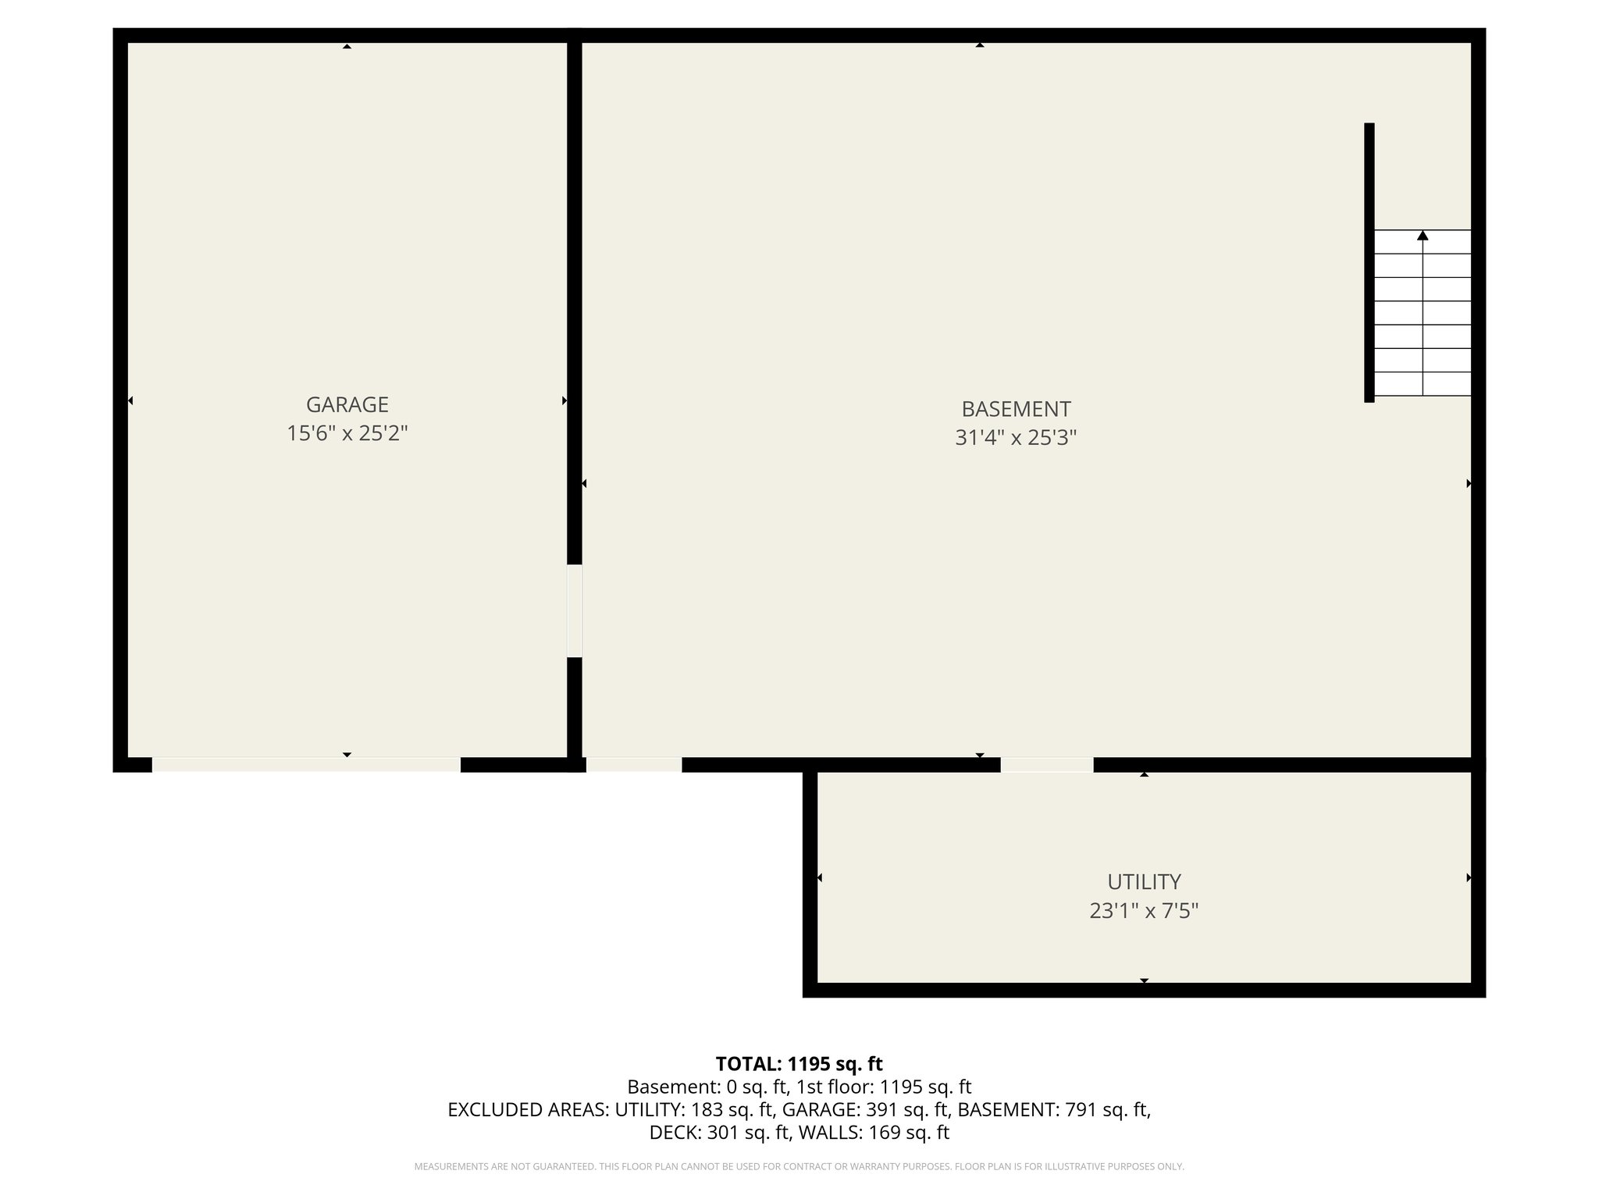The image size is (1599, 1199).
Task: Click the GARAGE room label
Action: coord(347,404)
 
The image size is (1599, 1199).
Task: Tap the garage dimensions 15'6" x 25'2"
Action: coord(347,433)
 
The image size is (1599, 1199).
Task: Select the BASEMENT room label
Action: coord(1016,409)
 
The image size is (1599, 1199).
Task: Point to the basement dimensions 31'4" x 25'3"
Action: coord(1016,438)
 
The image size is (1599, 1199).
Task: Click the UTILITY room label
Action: coord(1144,881)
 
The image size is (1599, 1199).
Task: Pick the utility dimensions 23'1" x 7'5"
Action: coord(1144,910)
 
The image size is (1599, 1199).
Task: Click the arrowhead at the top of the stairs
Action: coord(1423,235)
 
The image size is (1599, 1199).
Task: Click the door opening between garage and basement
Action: coord(575,610)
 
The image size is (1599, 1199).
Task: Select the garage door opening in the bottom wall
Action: coord(306,764)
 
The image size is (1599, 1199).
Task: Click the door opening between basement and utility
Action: coord(1046,764)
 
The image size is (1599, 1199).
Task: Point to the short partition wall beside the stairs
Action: coord(1369,262)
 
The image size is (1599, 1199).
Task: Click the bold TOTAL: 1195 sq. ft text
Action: coord(799,1064)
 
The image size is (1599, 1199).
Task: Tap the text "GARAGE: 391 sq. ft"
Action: coord(865,1109)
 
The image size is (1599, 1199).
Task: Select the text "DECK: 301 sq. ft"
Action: coord(719,1132)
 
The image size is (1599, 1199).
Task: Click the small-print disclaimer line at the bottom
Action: coord(799,1167)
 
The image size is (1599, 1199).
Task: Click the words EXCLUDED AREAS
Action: coord(528,1109)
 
